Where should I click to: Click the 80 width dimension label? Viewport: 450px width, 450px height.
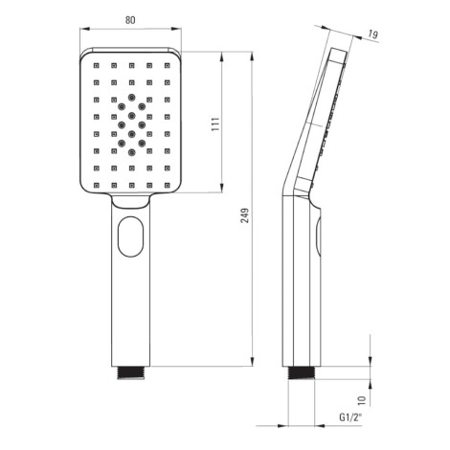point(130,20)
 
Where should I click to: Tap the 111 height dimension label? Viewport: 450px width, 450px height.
point(215,124)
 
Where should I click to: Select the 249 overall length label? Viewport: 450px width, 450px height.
point(245,215)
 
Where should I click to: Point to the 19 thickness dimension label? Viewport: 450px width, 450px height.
point(372,34)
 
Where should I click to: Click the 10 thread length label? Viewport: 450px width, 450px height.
point(361,399)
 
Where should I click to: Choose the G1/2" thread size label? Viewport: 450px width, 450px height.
point(350,417)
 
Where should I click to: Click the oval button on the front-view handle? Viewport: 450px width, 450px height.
point(131,236)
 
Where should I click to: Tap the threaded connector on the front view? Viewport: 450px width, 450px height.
point(131,372)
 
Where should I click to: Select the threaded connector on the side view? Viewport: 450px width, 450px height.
point(302,372)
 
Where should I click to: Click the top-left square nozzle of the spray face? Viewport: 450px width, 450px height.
point(96,65)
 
